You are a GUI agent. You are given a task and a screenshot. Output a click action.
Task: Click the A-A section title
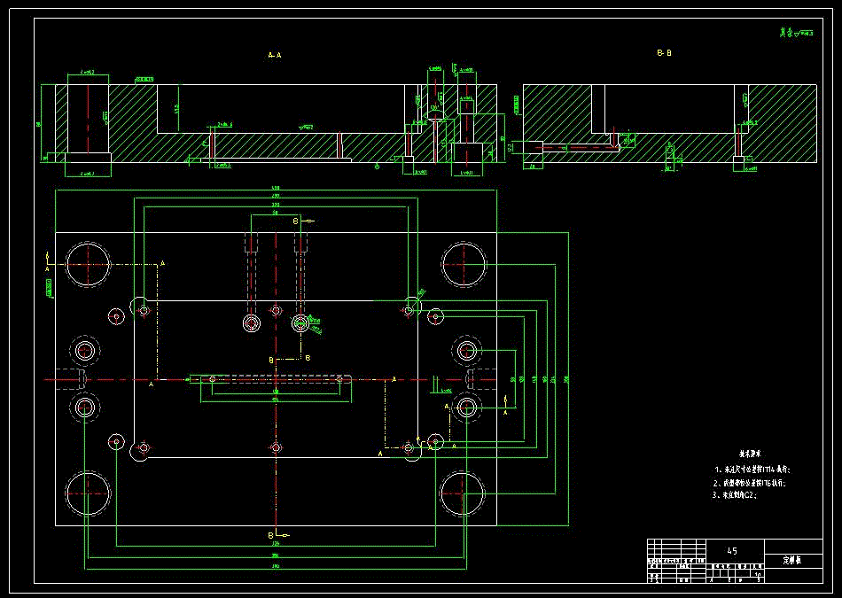(275, 55)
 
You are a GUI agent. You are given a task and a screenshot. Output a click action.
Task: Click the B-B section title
(664, 53)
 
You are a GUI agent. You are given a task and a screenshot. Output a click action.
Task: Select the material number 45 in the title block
(731, 551)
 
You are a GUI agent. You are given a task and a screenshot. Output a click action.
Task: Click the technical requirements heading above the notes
(751, 453)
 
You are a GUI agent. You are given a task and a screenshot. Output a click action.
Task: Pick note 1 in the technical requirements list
(750, 469)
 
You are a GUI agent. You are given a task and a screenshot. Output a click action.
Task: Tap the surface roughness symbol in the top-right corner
(796, 33)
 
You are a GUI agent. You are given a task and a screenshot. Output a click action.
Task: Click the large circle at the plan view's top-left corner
(87, 263)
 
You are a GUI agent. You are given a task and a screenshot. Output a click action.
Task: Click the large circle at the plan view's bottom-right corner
(463, 493)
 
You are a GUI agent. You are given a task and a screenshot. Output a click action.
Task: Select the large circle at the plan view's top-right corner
(464, 263)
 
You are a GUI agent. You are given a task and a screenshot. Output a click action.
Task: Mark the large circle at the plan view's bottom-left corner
(87, 493)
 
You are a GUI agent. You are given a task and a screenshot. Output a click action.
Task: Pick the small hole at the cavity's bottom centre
(276, 448)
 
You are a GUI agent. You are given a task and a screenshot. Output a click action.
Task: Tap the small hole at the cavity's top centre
(276, 310)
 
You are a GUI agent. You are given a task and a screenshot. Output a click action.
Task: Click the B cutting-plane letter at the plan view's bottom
(270, 535)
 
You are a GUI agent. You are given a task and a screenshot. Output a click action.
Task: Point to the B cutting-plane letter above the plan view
(296, 219)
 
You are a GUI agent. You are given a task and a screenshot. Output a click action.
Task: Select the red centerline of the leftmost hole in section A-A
(88, 120)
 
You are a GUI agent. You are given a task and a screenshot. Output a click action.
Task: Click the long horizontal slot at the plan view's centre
(275, 380)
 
